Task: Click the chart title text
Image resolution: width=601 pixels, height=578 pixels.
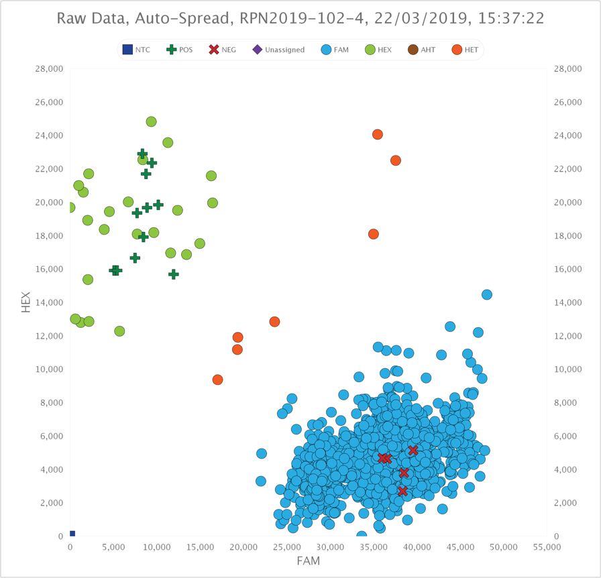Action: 300,18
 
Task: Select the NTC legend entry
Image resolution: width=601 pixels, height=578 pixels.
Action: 136,50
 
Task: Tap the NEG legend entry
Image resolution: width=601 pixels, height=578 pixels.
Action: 223,50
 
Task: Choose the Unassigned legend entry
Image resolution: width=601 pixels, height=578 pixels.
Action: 278,50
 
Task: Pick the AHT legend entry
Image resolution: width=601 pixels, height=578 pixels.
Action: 421,50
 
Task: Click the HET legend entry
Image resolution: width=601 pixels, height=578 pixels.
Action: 465,50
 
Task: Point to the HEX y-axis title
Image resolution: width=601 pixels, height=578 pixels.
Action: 26,302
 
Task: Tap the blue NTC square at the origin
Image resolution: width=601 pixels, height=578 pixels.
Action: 72,534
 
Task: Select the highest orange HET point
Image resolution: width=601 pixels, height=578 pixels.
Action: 378,135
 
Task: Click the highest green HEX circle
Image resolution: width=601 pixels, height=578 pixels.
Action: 152,122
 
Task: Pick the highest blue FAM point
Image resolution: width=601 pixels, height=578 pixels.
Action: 487,295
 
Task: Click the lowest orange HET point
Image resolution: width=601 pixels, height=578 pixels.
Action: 218,380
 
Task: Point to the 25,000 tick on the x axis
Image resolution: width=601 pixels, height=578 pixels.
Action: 287,547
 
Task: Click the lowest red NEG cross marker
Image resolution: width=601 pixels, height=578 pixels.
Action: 402,492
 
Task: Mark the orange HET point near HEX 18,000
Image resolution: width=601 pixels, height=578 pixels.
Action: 374,234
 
